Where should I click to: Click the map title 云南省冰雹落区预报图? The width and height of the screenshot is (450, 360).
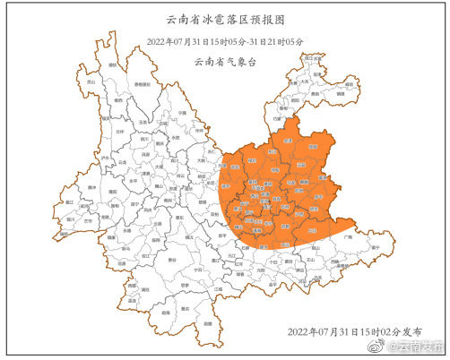pos(225,17)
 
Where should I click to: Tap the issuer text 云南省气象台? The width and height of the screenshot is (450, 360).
pos(225,63)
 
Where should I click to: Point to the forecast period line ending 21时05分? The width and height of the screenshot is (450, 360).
pos(225,41)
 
